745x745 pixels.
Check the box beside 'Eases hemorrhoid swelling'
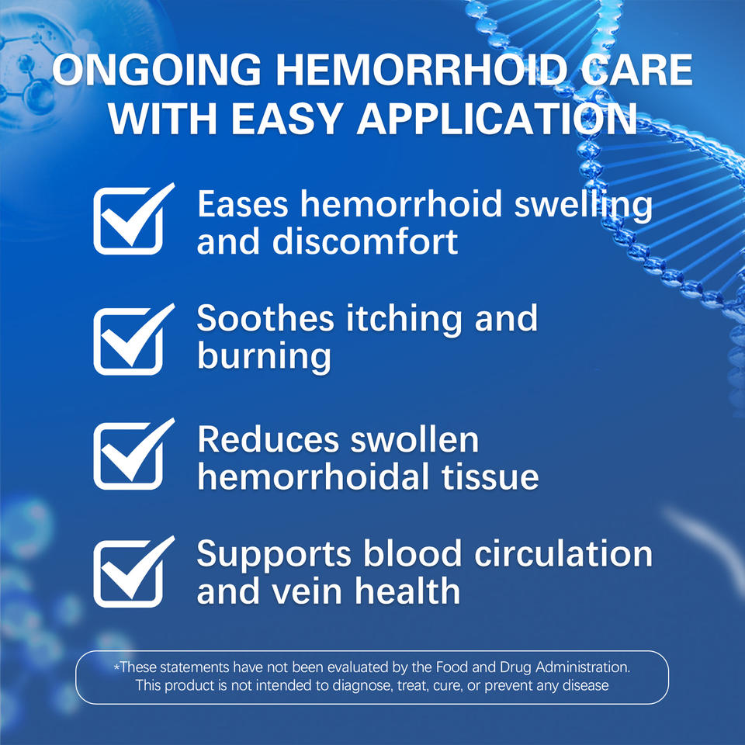pos(128,220)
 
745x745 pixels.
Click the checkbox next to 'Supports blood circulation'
pos(128,573)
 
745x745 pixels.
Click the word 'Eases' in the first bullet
pos(243,204)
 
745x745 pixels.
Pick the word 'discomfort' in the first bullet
pos(365,241)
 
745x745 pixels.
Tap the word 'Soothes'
pos(265,317)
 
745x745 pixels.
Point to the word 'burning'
pos(264,357)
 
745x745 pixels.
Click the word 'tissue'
pos(490,476)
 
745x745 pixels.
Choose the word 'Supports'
pos(274,554)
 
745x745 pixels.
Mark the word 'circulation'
pos(563,553)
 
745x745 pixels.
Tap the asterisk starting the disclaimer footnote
pos(117,667)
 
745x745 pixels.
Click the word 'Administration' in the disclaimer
pos(583,667)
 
